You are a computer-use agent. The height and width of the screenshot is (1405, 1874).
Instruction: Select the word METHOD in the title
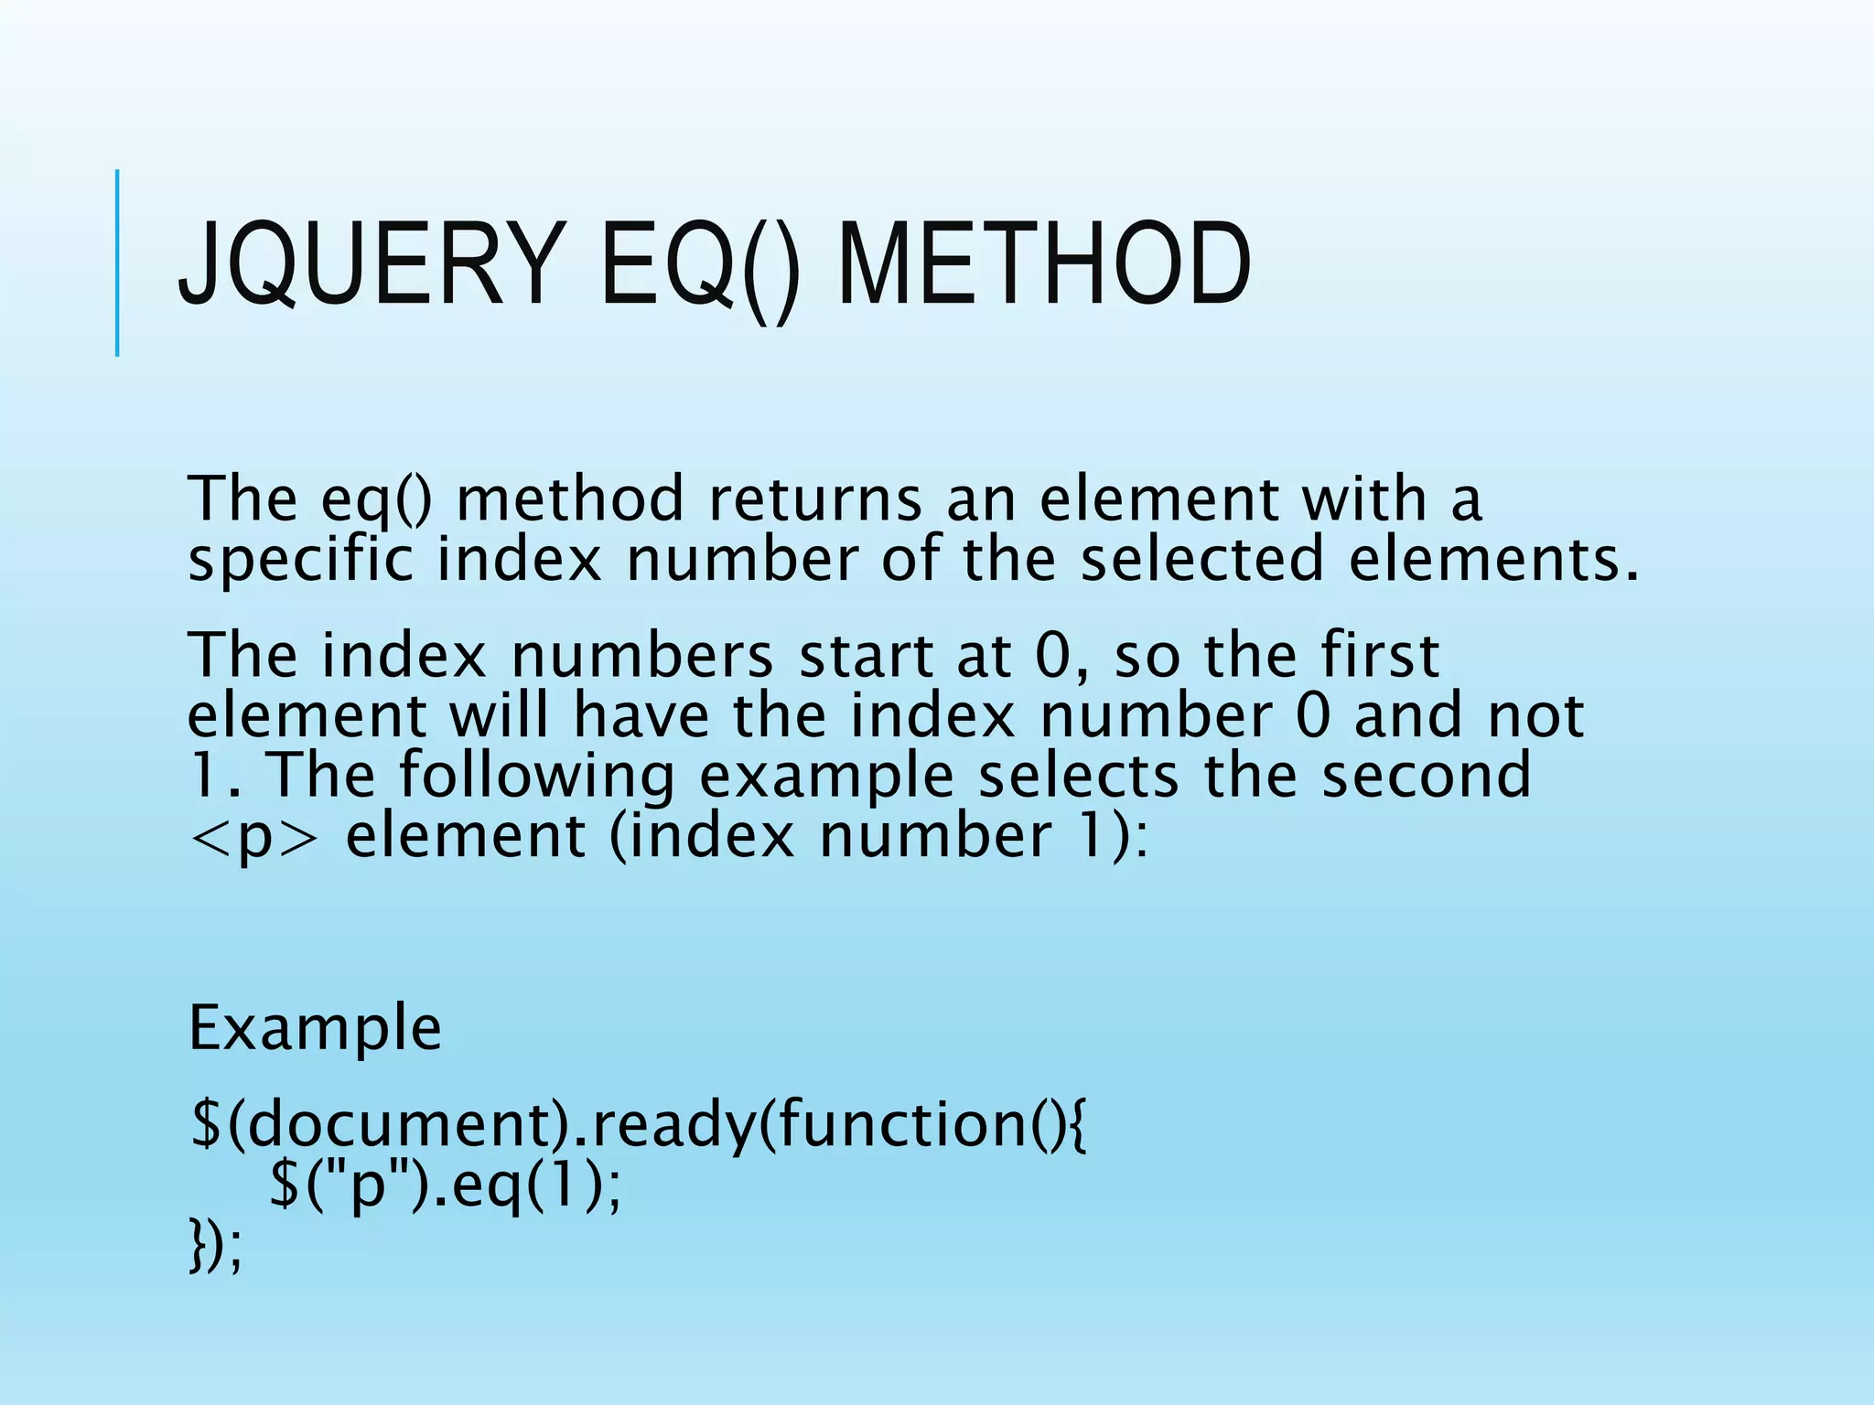1043,266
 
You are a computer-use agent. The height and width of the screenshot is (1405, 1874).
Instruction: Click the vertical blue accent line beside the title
117,263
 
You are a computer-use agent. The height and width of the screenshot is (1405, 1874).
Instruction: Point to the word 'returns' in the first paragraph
814,499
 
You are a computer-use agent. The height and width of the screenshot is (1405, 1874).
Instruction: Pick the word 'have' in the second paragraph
641,715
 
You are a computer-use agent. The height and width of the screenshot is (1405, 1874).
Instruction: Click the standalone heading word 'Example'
315,1028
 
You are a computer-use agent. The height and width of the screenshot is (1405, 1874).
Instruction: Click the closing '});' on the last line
216,1247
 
